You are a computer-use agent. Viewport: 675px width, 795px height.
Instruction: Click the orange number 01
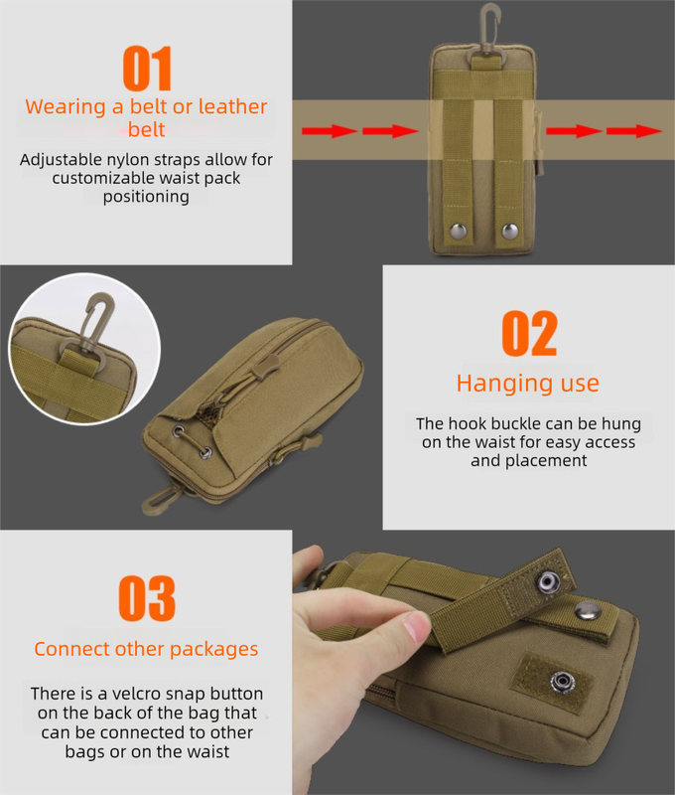(147, 69)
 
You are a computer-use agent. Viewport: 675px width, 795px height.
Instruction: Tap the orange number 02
(529, 334)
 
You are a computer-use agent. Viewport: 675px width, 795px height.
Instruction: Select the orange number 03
(147, 598)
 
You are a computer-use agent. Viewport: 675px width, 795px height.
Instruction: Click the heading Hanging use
(527, 383)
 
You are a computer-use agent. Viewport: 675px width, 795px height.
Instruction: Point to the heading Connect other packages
(146, 649)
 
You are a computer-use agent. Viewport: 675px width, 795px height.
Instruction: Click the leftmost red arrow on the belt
(329, 130)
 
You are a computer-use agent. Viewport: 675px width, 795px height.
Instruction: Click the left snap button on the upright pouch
(459, 231)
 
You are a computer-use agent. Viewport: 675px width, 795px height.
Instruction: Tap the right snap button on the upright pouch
(509, 231)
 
